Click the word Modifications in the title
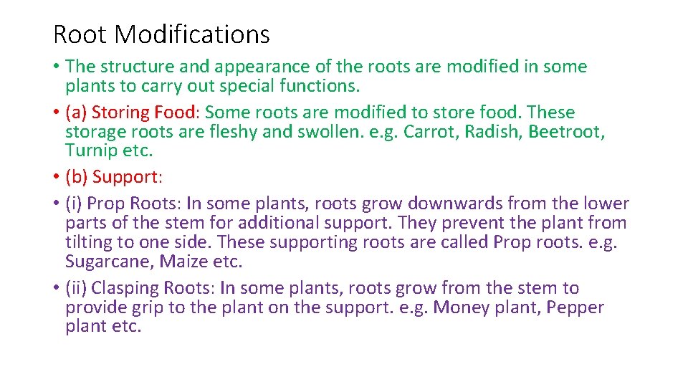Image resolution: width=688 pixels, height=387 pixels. [191, 34]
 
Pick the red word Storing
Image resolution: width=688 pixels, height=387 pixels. [120, 113]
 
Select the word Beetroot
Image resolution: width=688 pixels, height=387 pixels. [567, 132]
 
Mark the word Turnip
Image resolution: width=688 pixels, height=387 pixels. [88, 151]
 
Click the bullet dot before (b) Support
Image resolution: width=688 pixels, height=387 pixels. [56, 177]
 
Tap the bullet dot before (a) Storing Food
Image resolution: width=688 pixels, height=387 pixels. [56, 113]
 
